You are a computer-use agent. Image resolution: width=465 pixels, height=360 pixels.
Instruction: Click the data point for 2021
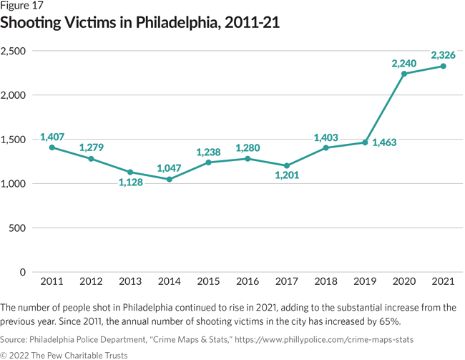point(444,67)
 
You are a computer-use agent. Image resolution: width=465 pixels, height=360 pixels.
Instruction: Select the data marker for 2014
point(169,179)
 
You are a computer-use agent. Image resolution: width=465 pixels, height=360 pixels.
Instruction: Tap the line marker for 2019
point(365,142)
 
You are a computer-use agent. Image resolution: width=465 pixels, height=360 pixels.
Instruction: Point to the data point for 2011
point(52,147)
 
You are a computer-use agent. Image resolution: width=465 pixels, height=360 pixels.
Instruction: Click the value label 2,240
point(403,64)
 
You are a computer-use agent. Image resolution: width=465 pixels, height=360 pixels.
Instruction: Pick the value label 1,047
point(170,167)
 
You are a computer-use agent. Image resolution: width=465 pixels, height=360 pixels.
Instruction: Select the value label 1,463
point(383,143)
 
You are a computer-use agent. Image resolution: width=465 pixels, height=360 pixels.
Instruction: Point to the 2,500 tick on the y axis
point(14,51)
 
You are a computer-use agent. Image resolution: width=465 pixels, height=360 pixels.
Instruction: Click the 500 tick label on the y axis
point(18,228)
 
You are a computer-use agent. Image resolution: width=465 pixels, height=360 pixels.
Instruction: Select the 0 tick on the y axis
point(23,273)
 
